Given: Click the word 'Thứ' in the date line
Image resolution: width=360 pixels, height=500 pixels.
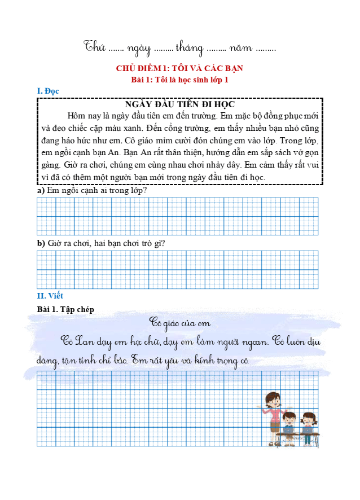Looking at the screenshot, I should [95, 47].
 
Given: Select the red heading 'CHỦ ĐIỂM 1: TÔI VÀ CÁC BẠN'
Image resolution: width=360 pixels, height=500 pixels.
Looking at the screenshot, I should [179, 68].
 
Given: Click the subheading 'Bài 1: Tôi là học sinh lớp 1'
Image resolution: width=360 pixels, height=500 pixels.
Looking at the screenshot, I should [179, 80].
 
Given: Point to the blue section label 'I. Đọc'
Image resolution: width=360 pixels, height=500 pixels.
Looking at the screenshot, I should [48, 91].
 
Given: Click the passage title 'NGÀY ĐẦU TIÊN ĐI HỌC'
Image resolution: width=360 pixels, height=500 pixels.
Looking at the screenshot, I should [179, 104].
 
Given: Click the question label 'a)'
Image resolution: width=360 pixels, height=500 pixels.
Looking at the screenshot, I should [41, 191].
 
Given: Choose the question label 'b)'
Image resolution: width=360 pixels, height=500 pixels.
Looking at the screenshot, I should [41, 243].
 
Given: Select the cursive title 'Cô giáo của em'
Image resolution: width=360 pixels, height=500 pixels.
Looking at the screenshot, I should [179, 323].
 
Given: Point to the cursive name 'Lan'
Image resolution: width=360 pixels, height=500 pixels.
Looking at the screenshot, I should [85, 341].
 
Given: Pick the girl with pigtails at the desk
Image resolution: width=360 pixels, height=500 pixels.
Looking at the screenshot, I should [308, 424].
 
